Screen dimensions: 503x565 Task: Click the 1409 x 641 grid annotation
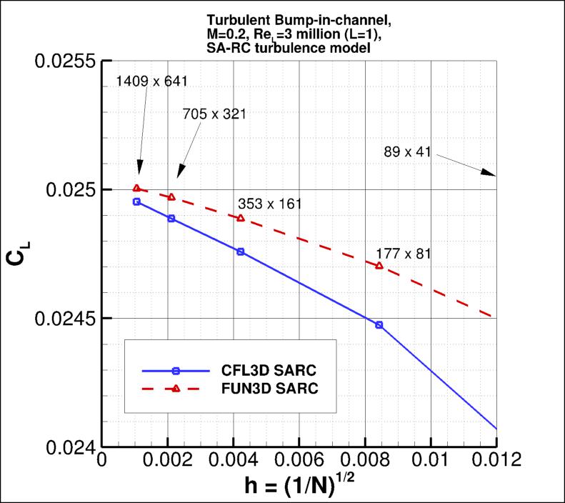pos(151,81)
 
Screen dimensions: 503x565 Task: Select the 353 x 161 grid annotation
pos(269,204)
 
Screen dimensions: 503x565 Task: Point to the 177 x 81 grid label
pos(404,254)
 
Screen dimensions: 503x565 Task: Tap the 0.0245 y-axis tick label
pos(66,318)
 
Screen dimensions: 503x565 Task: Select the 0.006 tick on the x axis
pos(299,460)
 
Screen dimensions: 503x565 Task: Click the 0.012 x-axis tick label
pos(493,460)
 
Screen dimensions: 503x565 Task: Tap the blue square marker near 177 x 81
pos(379,324)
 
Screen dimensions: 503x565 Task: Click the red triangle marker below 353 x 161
pos(241,218)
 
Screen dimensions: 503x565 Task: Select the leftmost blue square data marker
pos(136,201)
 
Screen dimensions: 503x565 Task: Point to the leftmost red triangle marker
pos(136,189)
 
